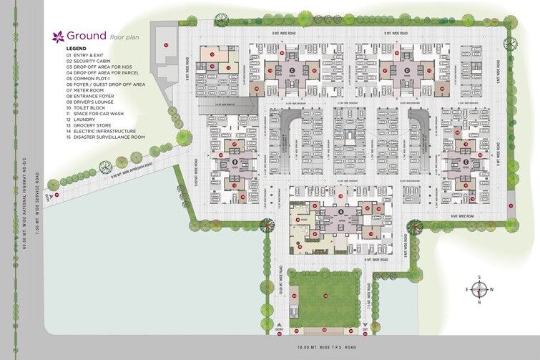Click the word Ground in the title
coord(87,35)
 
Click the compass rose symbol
coord(483,289)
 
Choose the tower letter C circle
coord(292,69)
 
